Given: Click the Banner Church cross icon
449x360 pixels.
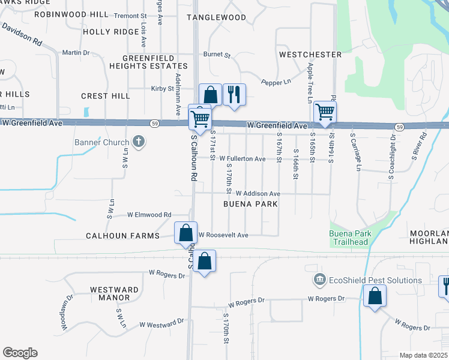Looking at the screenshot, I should click(x=138, y=142).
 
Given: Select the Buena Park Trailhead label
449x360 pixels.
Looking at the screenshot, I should click(x=351, y=238).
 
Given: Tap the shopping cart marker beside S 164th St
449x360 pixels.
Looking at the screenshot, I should click(x=325, y=111).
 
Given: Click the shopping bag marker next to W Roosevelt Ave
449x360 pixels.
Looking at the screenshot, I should click(x=185, y=232).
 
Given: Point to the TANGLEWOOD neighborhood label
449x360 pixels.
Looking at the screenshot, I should click(x=216, y=17).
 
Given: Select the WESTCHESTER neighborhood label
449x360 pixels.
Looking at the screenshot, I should click(x=310, y=55).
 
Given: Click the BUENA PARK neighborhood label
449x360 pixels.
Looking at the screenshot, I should click(x=250, y=204).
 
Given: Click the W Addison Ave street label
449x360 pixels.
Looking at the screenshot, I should click(x=258, y=194).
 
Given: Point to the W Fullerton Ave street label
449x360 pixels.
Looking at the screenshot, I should click(x=243, y=159).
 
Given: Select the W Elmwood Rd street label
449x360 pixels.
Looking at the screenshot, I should click(x=149, y=214).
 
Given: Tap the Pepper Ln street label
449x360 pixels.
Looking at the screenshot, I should click(x=276, y=82).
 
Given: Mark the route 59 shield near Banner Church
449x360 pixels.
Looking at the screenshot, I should click(x=154, y=124).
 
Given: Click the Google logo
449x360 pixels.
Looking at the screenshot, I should click(x=20, y=353).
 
